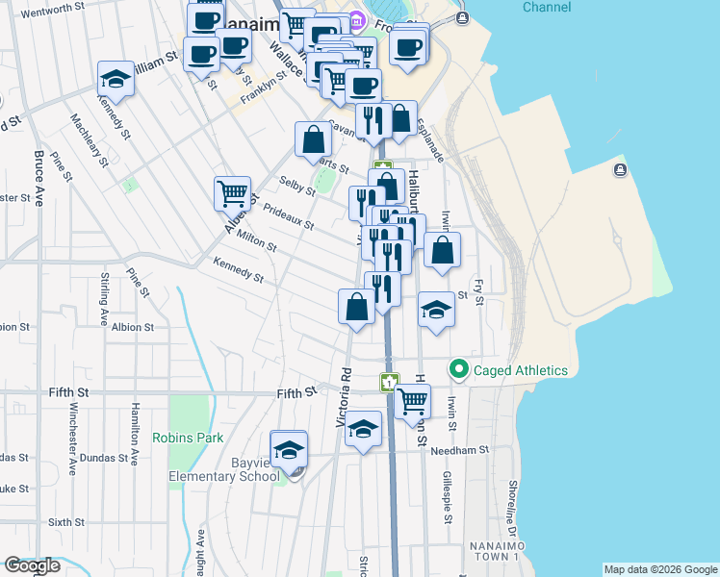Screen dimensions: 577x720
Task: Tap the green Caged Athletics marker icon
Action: (x=459, y=369)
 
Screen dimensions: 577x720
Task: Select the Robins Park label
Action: (x=188, y=438)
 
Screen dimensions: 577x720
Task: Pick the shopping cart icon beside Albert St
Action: (x=232, y=193)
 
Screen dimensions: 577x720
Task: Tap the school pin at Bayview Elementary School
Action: (x=289, y=448)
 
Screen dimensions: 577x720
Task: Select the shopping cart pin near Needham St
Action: (x=413, y=400)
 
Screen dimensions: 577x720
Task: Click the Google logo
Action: (x=32, y=565)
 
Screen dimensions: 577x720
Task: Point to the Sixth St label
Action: (x=66, y=522)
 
